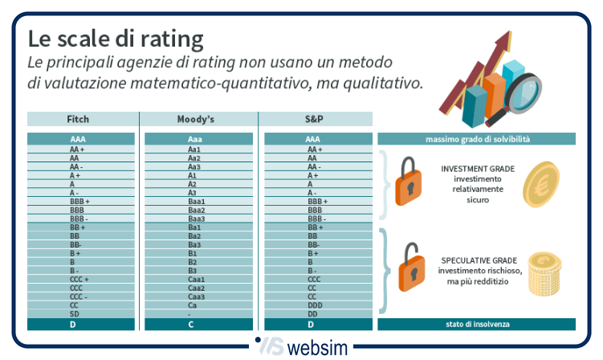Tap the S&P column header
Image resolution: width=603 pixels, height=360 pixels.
point(313,119)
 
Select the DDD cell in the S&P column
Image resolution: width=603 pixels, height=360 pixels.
point(313,305)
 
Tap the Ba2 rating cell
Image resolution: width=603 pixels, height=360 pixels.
point(194,236)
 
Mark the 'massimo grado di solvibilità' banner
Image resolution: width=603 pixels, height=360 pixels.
point(477,139)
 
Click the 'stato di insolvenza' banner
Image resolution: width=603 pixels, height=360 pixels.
point(477,325)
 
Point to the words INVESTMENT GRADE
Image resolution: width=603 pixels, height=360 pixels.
point(478,170)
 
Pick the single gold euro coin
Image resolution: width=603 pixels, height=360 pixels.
point(541,185)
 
